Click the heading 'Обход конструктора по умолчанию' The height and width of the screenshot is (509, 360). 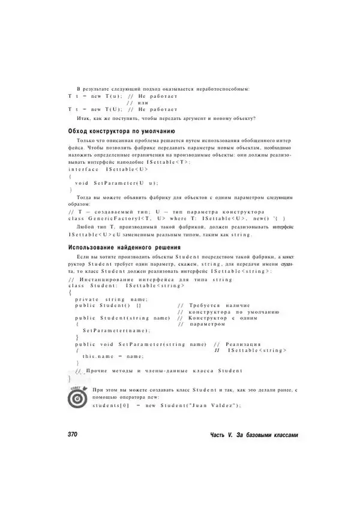[121, 130]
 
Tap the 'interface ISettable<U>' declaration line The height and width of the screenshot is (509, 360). [108, 169]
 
